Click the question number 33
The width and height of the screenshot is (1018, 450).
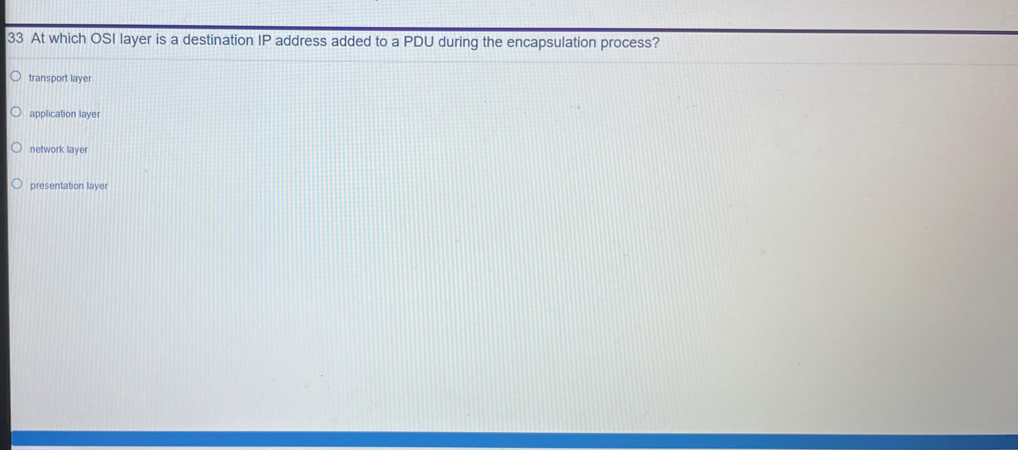(x=16, y=38)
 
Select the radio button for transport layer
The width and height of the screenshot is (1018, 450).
(x=16, y=76)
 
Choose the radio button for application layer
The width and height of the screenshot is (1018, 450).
(x=16, y=112)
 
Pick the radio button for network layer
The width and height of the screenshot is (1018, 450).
(x=17, y=148)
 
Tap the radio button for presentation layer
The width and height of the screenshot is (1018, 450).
(x=17, y=184)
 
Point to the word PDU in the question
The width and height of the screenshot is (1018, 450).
(x=419, y=42)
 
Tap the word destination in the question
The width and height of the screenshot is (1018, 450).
(x=218, y=40)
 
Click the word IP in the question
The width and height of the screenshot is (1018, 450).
(x=264, y=41)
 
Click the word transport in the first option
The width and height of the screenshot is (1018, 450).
(x=48, y=78)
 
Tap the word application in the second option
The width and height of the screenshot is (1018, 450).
(x=52, y=114)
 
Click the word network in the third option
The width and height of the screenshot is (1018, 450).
(x=47, y=150)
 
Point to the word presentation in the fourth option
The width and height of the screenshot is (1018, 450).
(x=57, y=186)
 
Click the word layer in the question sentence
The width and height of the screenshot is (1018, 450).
(x=136, y=39)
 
